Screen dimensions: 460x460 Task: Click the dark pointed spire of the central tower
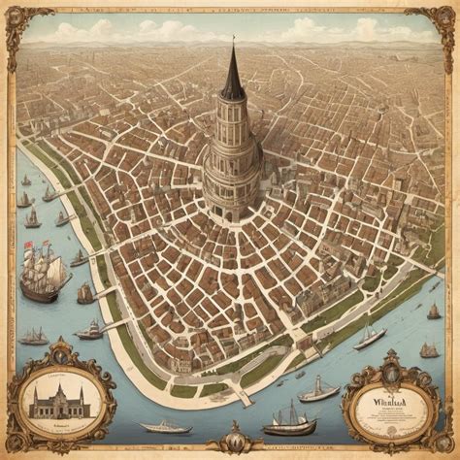[233, 78]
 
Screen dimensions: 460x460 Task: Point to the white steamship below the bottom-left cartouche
[164, 426]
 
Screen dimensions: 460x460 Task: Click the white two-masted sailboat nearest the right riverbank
[370, 336]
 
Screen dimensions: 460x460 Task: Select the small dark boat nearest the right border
[433, 312]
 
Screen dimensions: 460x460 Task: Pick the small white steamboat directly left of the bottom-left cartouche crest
[34, 337]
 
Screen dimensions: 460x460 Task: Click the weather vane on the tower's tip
[232, 41]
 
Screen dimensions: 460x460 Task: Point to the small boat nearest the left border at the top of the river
[26, 181]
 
